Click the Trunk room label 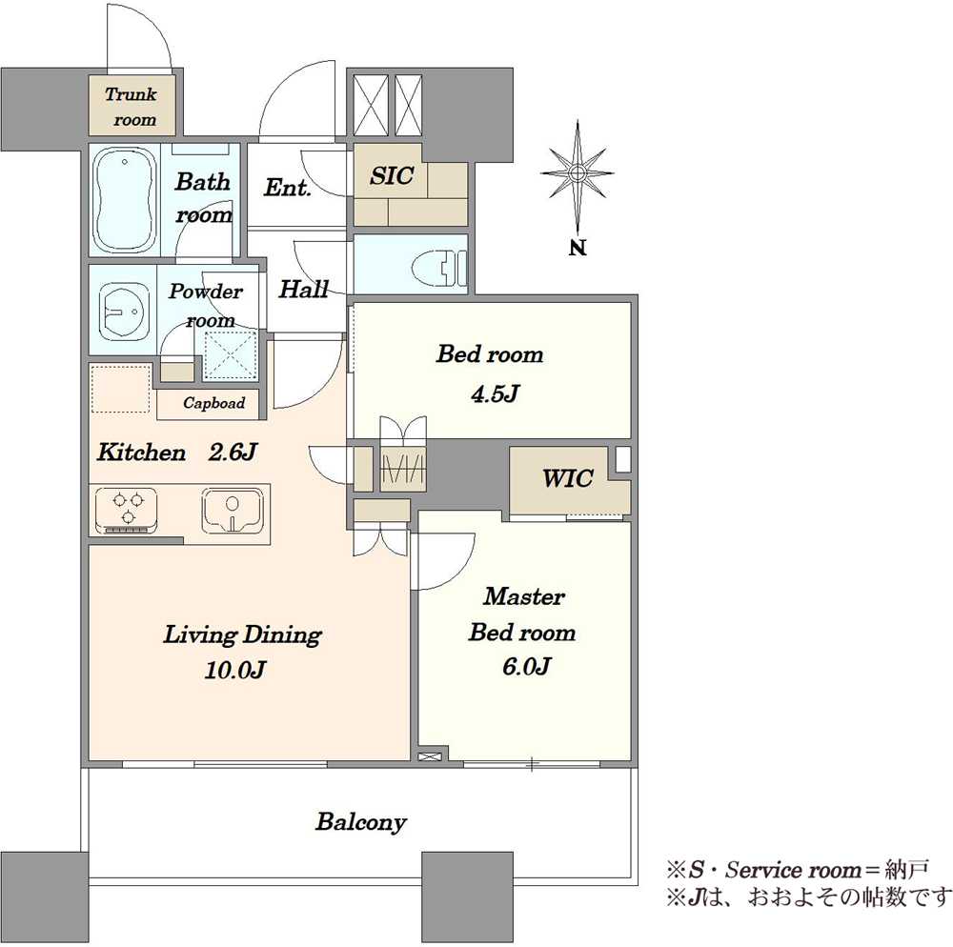pyautogui.click(x=132, y=107)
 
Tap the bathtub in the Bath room pyautogui.click(x=125, y=200)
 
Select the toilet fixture pyautogui.click(x=438, y=268)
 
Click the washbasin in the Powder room pyautogui.click(x=123, y=311)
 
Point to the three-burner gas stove pyautogui.click(x=127, y=509)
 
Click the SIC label pyautogui.click(x=392, y=175)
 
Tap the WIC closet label pyautogui.click(x=568, y=478)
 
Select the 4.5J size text pyautogui.click(x=495, y=393)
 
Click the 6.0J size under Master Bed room pyautogui.click(x=526, y=666)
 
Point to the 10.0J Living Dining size pyautogui.click(x=234, y=670)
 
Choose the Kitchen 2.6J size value pyautogui.click(x=233, y=452)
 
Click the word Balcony pyautogui.click(x=361, y=822)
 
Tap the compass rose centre pyautogui.click(x=577, y=173)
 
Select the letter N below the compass pyautogui.click(x=578, y=247)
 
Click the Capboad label pyautogui.click(x=213, y=403)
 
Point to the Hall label pyautogui.click(x=303, y=289)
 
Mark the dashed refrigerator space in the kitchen pyautogui.click(x=120, y=389)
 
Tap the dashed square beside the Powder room pyautogui.click(x=230, y=356)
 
